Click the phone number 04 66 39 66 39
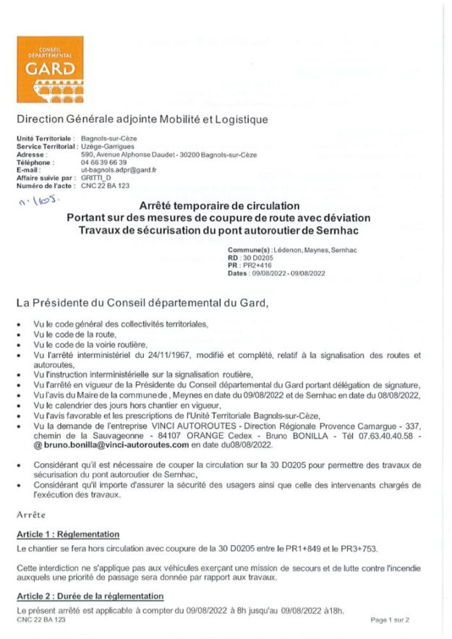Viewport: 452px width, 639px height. point(103,163)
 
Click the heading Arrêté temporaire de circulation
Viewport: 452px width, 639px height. point(218,207)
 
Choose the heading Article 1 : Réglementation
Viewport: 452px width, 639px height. point(67,533)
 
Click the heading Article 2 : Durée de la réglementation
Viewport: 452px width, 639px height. point(90,596)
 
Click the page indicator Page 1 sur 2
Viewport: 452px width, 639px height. point(390,619)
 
